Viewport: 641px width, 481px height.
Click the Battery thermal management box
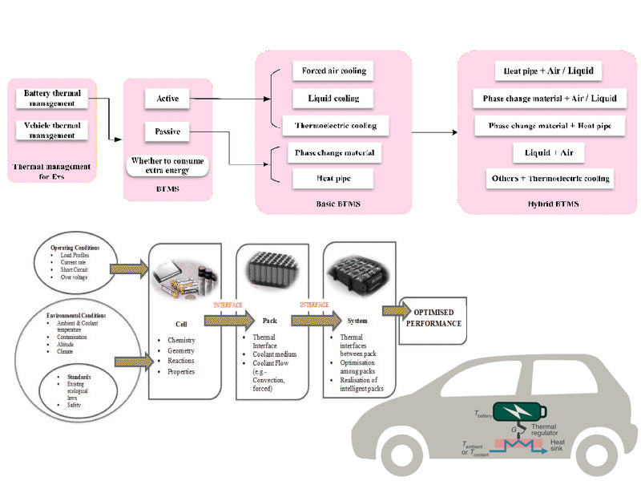pyautogui.click(x=49, y=99)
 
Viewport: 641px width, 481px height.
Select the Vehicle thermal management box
pyautogui.click(x=49, y=130)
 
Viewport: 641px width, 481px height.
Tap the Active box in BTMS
pyautogui.click(x=167, y=99)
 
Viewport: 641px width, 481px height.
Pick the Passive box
pyautogui.click(x=167, y=131)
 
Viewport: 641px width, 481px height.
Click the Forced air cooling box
pyautogui.click(x=333, y=71)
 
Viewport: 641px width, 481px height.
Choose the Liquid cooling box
pyautogui.click(x=333, y=99)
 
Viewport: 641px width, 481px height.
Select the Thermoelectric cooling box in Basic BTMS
pyautogui.click(x=335, y=126)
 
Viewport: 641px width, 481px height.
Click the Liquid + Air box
pyautogui.click(x=549, y=152)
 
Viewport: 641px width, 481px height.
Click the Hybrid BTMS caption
pyautogui.click(x=549, y=204)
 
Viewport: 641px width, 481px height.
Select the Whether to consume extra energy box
pyautogui.click(x=168, y=165)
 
